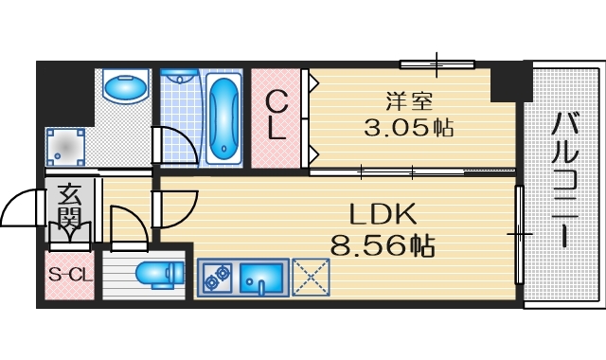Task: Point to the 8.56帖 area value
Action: pos(383,245)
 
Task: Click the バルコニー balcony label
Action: pos(566,179)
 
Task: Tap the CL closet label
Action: pos(276,115)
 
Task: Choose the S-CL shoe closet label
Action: pos(70,277)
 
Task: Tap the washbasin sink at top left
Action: pos(125,88)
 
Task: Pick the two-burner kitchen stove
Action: pos(217,277)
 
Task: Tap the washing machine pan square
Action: pos(65,145)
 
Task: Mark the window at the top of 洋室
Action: pos(436,64)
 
